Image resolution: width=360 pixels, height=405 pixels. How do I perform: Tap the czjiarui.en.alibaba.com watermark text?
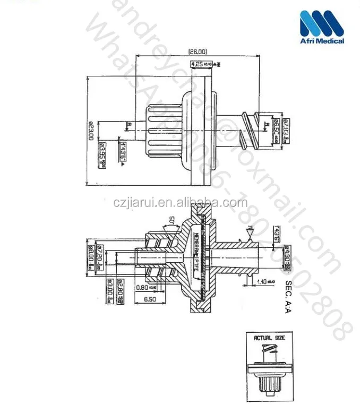pos(181,202)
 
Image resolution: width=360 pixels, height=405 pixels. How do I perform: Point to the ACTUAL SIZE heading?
pos(270,338)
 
